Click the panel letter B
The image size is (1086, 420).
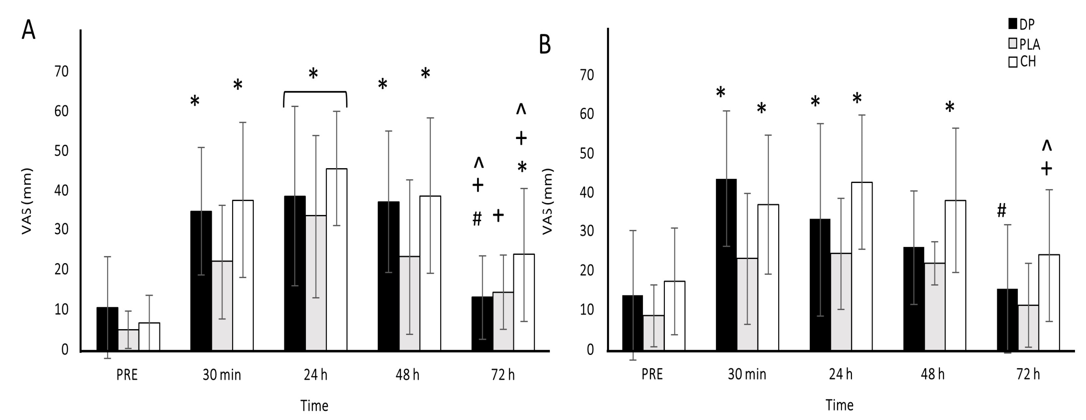pos(545,45)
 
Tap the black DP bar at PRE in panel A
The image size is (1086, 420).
pos(107,328)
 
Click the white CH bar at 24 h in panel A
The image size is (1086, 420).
pos(336,259)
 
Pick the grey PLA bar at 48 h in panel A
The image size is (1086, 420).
pos(409,303)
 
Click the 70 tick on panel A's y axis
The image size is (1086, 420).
pos(62,71)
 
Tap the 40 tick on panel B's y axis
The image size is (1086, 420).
pos(587,192)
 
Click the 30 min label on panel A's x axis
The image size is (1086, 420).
pos(222,374)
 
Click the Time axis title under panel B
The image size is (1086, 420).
pos(839,405)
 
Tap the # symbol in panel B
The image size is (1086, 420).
pos(1001,210)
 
